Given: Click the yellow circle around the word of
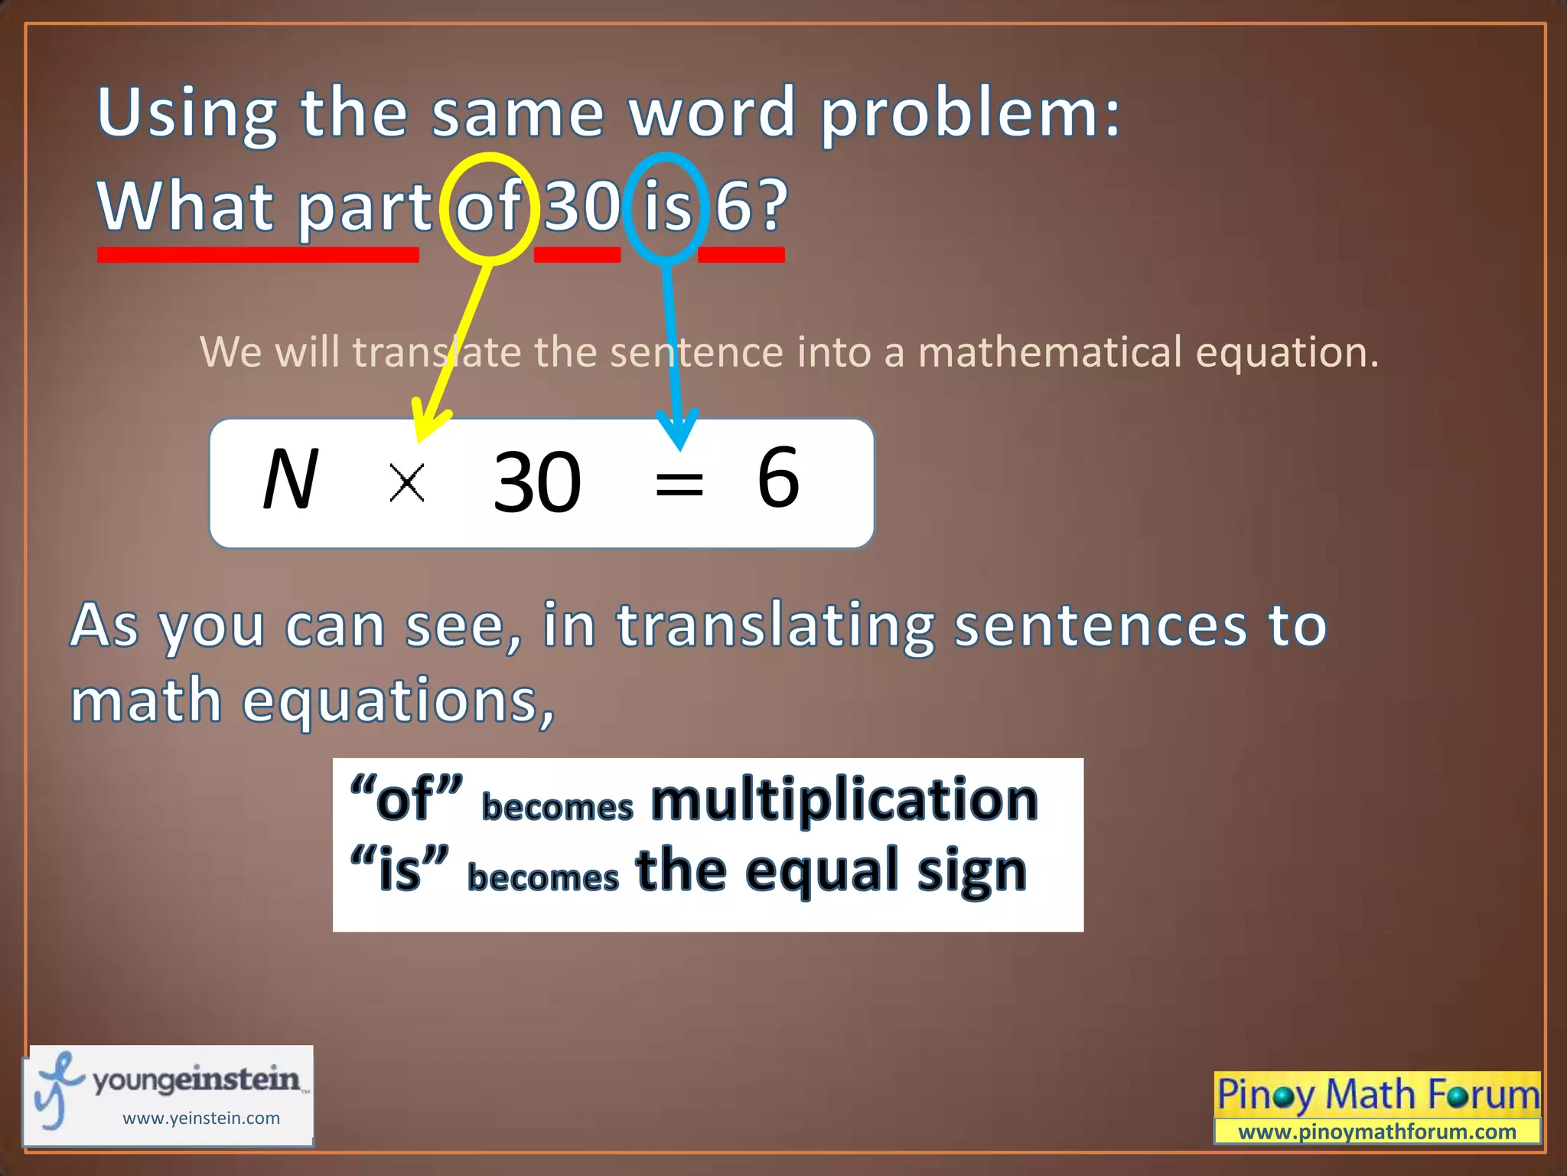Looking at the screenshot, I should pyautogui.click(x=490, y=161).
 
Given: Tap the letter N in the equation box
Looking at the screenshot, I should pyautogui.click(x=289, y=480).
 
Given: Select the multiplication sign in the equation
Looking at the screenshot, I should pyautogui.click(x=406, y=483).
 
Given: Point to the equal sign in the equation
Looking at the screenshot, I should pyautogui.click(x=679, y=484).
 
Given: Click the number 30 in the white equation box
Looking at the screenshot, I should pyautogui.click(x=537, y=482).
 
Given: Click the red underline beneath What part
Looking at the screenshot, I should pyautogui.click(x=258, y=254).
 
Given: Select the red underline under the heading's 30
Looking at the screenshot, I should pyautogui.click(x=577, y=254).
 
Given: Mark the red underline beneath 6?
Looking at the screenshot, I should pyautogui.click(x=741, y=254).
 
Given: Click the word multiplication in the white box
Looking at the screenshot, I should pyautogui.click(x=844, y=800).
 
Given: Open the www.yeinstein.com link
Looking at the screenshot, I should pyautogui.click(x=201, y=1118).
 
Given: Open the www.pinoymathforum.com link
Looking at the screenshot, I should pyautogui.click(x=1376, y=1132).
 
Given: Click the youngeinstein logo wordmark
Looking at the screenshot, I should pyautogui.click(x=196, y=1080).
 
